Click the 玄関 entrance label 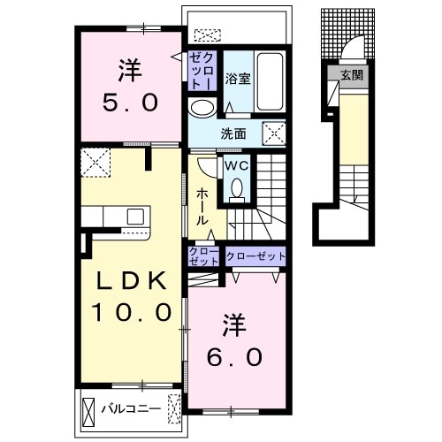pyautogui.click(x=352, y=75)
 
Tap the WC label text pyautogui.click(x=237, y=166)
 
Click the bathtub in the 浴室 pyautogui.click(x=270, y=81)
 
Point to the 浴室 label pyautogui.click(x=238, y=79)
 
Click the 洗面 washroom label pyautogui.click(x=233, y=134)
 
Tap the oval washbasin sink pyautogui.click(x=202, y=108)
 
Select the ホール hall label pyautogui.click(x=202, y=207)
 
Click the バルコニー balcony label pyautogui.click(x=132, y=408)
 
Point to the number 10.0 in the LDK pyautogui.click(x=132, y=312)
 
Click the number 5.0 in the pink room pyautogui.click(x=130, y=103)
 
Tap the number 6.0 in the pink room pyautogui.click(x=234, y=357)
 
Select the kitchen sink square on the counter pyautogui.click(x=135, y=216)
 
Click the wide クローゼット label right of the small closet pyautogui.click(x=255, y=256)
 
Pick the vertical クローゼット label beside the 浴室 pyautogui.click(x=202, y=71)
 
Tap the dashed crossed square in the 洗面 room pyautogui.click(x=274, y=133)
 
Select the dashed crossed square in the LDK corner pyautogui.click(x=95, y=163)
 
